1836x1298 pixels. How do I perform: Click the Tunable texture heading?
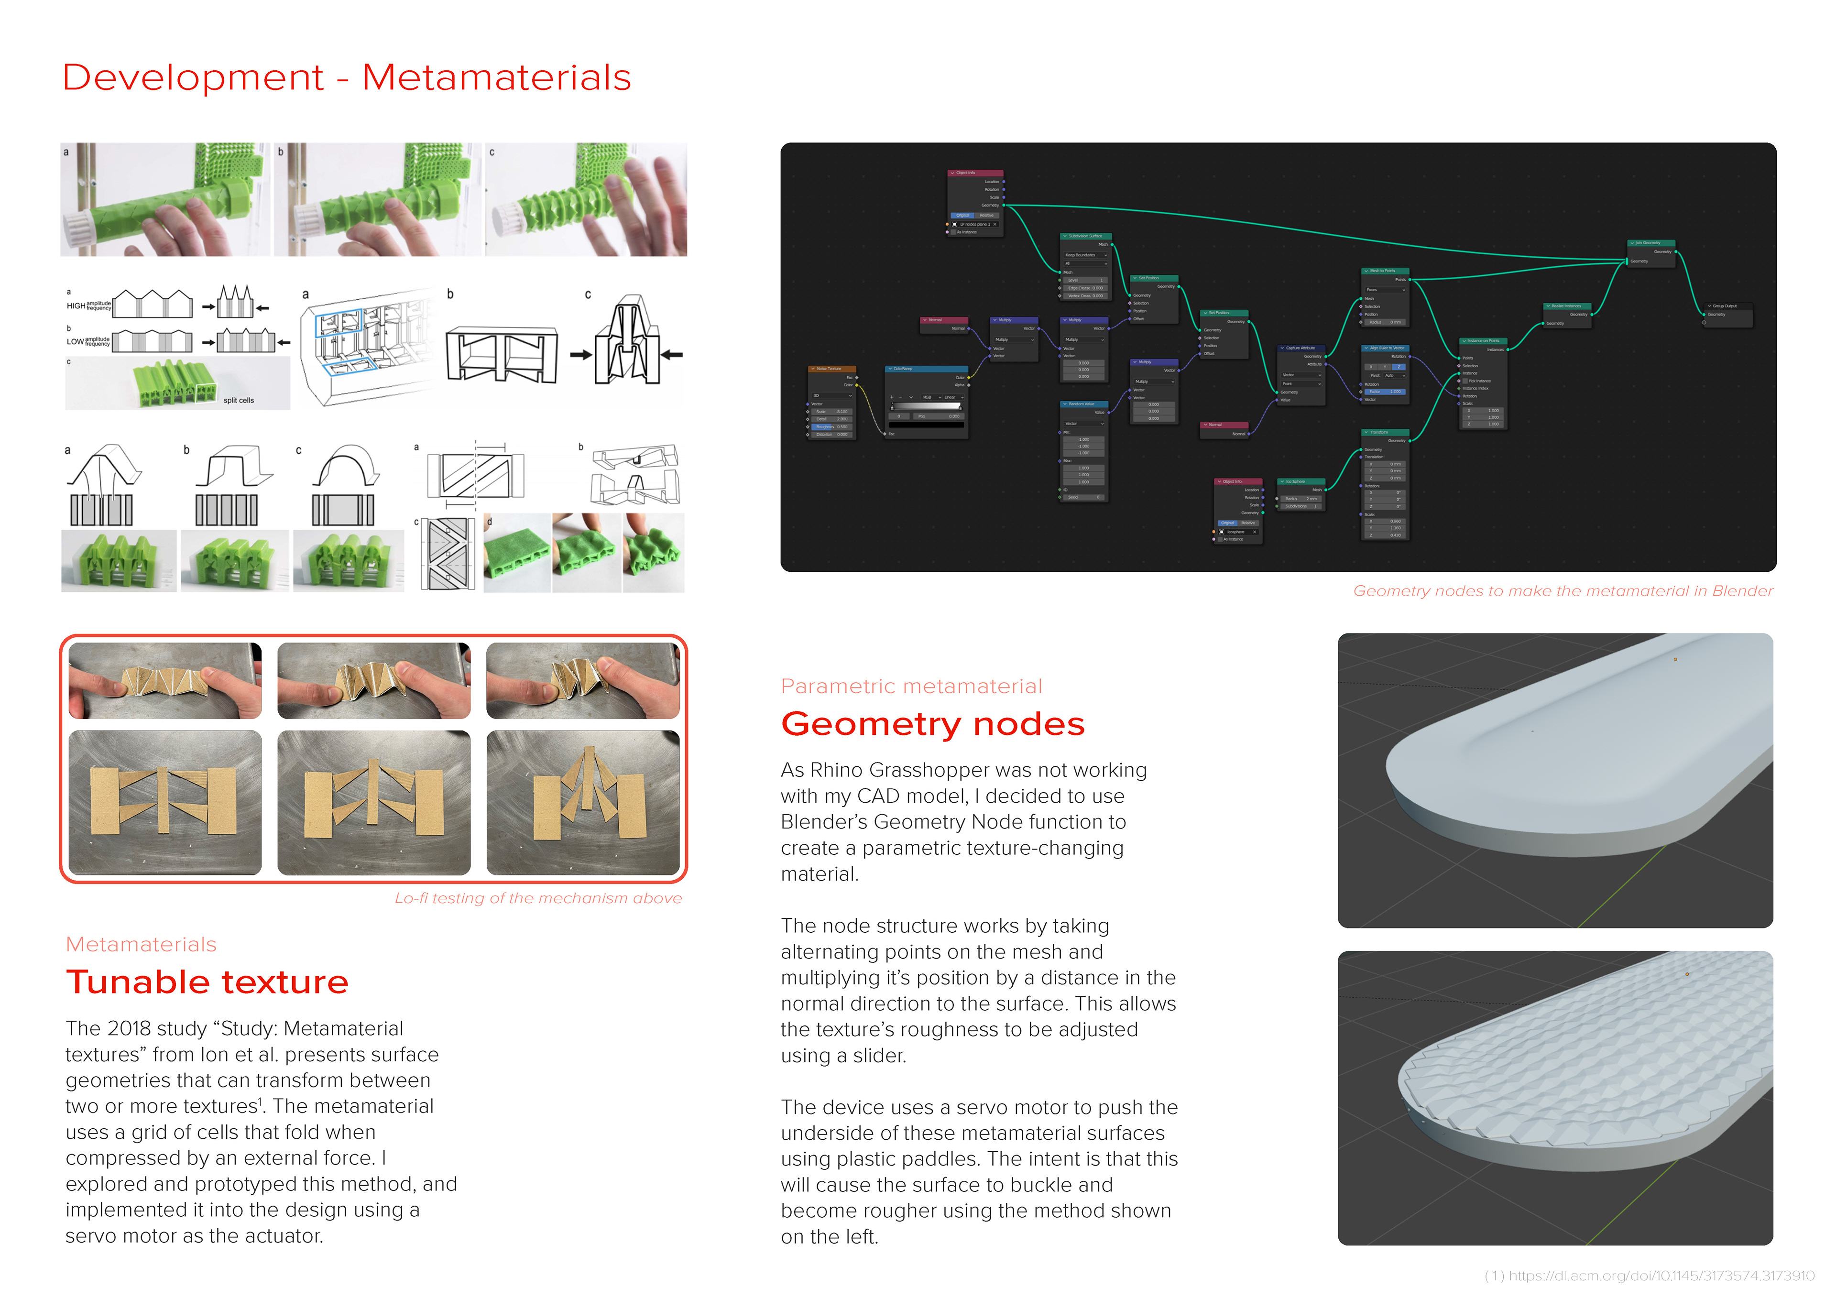click(x=207, y=982)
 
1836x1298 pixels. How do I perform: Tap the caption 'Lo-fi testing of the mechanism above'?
click(x=538, y=898)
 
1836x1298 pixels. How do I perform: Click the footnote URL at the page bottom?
click(x=1649, y=1276)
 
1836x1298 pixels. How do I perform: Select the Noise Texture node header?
click(x=831, y=369)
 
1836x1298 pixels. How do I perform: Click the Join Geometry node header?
click(x=1650, y=242)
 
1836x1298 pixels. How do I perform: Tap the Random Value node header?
click(x=1083, y=404)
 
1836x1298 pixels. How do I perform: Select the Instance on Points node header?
click(x=1483, y=341)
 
